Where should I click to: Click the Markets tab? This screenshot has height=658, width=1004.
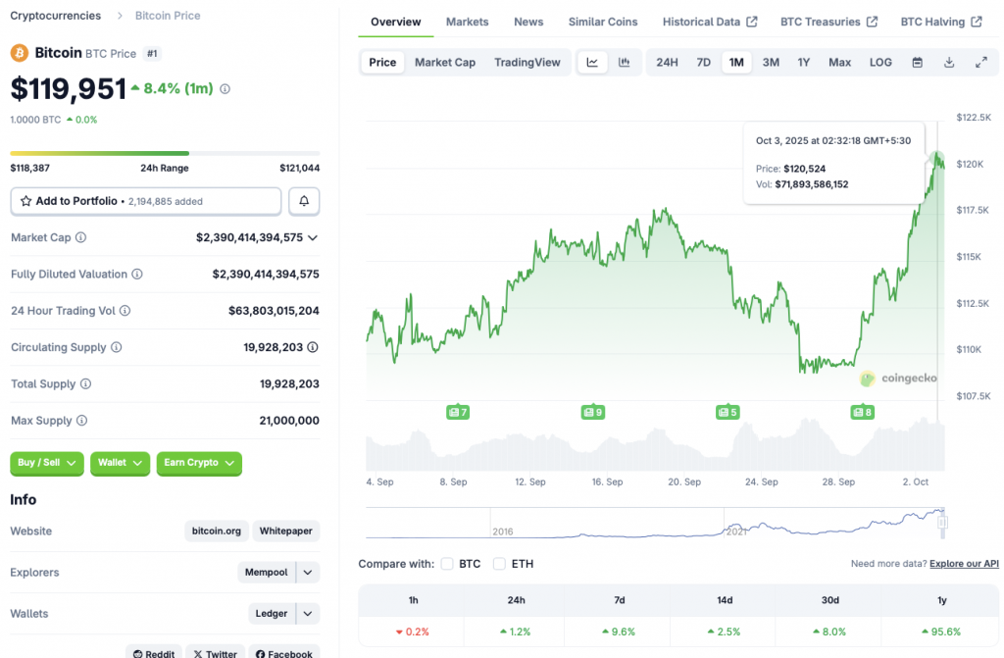[467, 22]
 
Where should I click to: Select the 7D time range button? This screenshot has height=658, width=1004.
[703, 63]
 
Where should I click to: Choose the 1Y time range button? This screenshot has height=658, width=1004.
[804, 63]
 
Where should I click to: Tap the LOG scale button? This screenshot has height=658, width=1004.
[880, 63]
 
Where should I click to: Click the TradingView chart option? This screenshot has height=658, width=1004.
[527, 63]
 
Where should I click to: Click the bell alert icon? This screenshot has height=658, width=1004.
[304, 201]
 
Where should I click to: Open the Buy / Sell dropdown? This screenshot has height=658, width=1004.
[46, 463]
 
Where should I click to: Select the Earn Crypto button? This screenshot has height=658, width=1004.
[198, 463]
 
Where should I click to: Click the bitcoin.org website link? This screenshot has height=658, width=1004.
[217, 531]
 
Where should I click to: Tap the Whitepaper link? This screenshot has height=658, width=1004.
[285, 531]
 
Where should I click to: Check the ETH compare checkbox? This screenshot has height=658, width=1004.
[499, 564]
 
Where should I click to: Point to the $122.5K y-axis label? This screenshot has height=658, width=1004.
[974, 118]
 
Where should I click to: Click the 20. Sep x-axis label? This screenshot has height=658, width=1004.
[684, 482]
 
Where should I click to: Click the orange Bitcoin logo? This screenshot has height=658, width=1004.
[19, 52]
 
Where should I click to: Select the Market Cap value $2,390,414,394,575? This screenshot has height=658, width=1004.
[250, 237]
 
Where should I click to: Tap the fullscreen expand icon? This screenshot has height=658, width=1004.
[980, 63]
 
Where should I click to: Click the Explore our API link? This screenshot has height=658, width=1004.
[964, 564]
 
